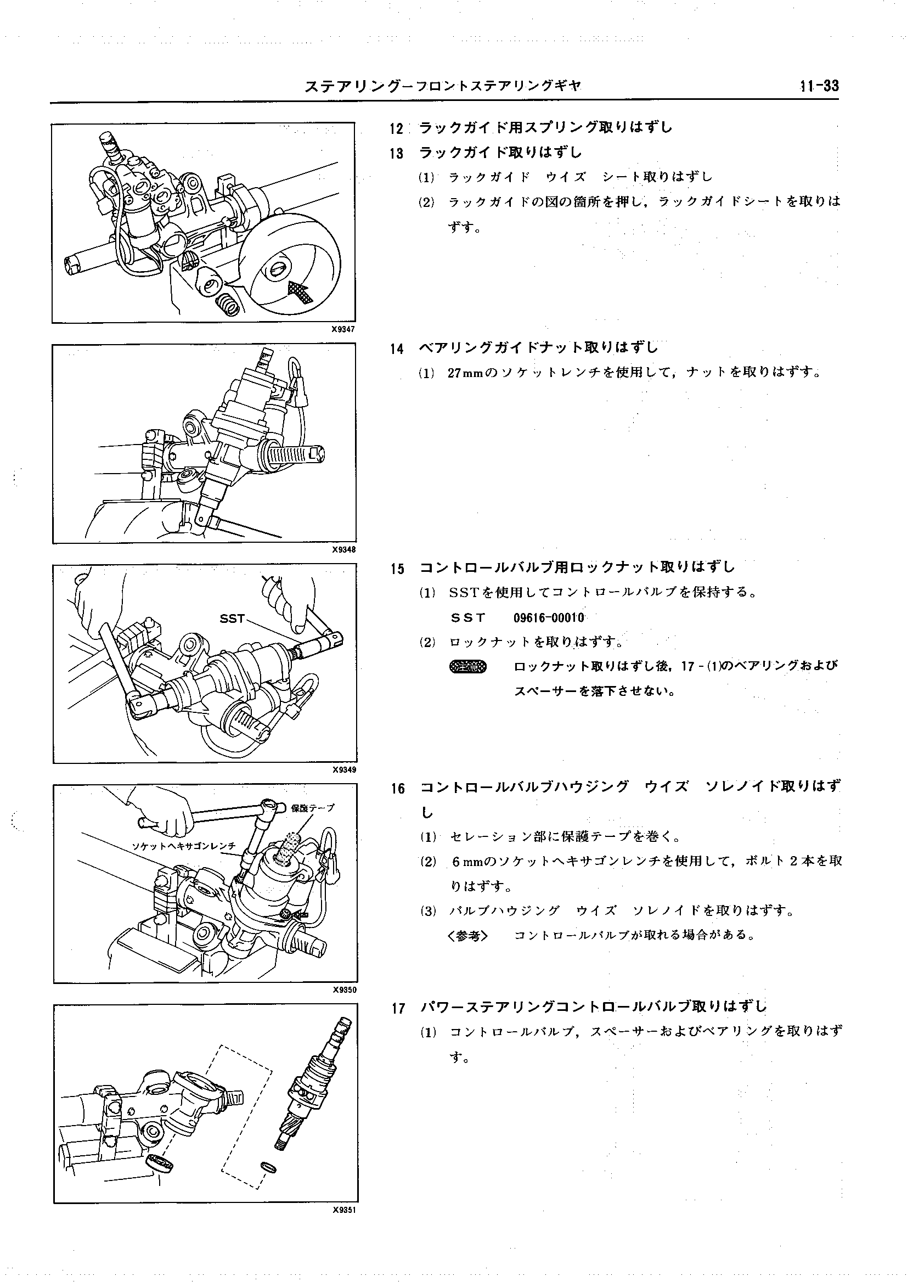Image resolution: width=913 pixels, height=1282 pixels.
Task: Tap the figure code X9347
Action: pyautogui.click(x=343, y=329)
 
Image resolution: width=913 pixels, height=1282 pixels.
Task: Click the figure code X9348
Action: pyautogui.click(x=343, y=549)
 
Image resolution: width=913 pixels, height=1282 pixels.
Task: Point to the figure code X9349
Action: pyautogui.click(x=344, y=770)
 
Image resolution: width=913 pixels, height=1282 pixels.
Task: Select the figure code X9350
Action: pyautogui.click(x=344, y=989)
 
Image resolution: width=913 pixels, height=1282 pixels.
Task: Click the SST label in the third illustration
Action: pyautogui.click(x=232, y=618)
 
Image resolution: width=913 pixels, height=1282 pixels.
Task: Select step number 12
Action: pyautogui.click(x=396, y=129)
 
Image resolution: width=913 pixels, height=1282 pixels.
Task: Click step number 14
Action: pyautogui.click(x=397, y=349)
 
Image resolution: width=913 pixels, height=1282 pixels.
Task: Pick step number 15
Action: pyautogui.click(x=397, y=569)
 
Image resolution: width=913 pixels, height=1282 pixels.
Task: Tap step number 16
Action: pyautogui.click(x=398, y=789)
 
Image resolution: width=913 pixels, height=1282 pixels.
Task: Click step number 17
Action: pyautogui.click(x=398, y=1009)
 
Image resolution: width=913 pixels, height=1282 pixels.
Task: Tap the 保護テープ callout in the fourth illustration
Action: pyautogui.click(x=313, y=808)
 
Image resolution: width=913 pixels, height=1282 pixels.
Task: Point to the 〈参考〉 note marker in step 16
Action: pyautogui.click(x=467, y=935)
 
